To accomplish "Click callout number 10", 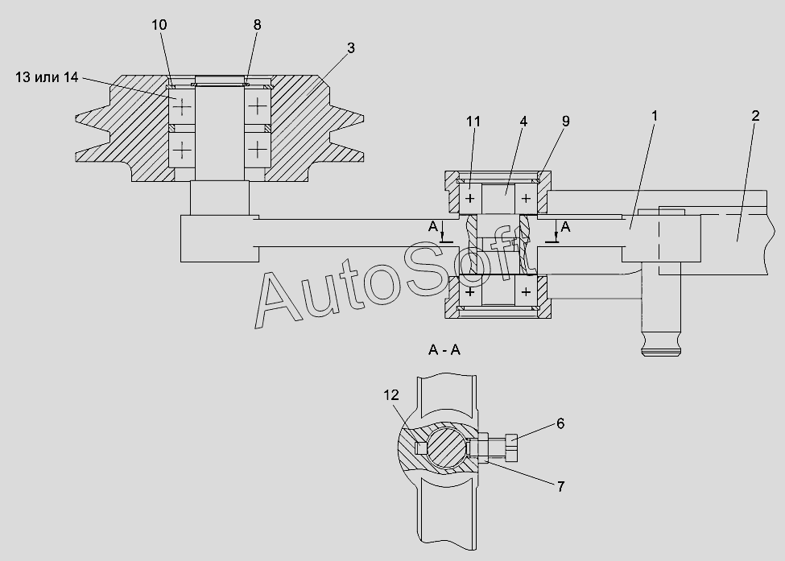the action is (159, 24).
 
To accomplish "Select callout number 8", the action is (257, 24).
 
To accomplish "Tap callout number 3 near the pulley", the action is (350, 47).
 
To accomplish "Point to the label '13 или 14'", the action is (47, 77).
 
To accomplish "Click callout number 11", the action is (473, 121).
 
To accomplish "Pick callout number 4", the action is (523, 121).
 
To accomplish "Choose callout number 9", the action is (565, 121).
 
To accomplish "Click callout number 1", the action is (654, 116).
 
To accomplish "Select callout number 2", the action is (755, 116).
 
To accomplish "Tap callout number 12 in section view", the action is (391, 395).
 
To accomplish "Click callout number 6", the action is (560, 423).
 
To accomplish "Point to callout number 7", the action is (560, 486).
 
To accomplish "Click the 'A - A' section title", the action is (444, 350).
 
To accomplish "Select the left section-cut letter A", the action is (433, 227).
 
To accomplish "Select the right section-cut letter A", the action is (565, 227).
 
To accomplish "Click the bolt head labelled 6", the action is (511, 448).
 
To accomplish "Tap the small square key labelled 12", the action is (421, 447).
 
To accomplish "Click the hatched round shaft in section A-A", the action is (445, 447).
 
